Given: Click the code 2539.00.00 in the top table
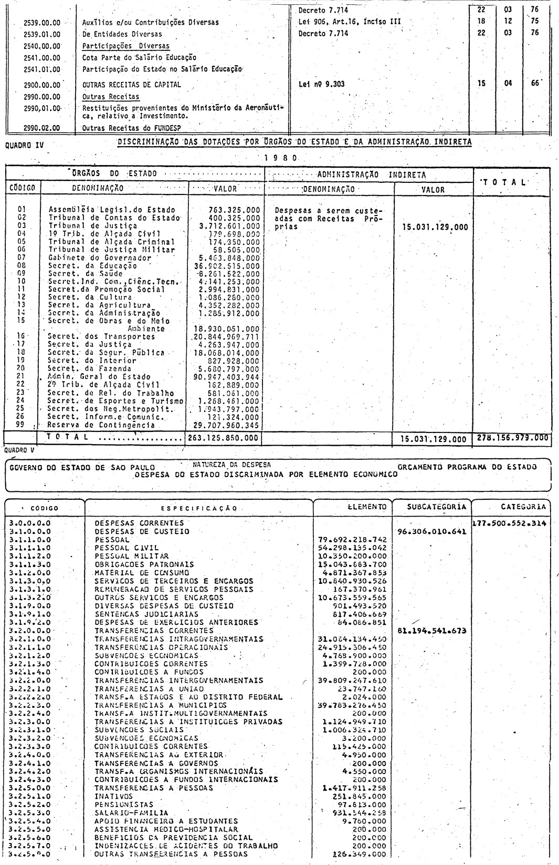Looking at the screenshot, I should (x=42, y=23).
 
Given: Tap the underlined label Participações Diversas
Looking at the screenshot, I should (x=118, y=46).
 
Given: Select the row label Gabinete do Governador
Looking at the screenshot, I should (x=99, y=258).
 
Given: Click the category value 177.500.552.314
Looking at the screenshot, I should (x=509, y=523).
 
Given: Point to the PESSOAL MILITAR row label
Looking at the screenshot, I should (x=132, y=555).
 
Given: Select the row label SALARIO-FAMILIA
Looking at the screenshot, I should (x=124, y=812).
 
